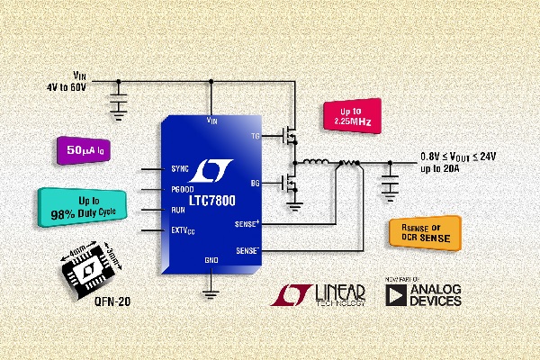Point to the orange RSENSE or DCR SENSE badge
[x=422, y=233]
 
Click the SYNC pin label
[x=181, y=169]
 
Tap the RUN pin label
[x=179, y=211]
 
